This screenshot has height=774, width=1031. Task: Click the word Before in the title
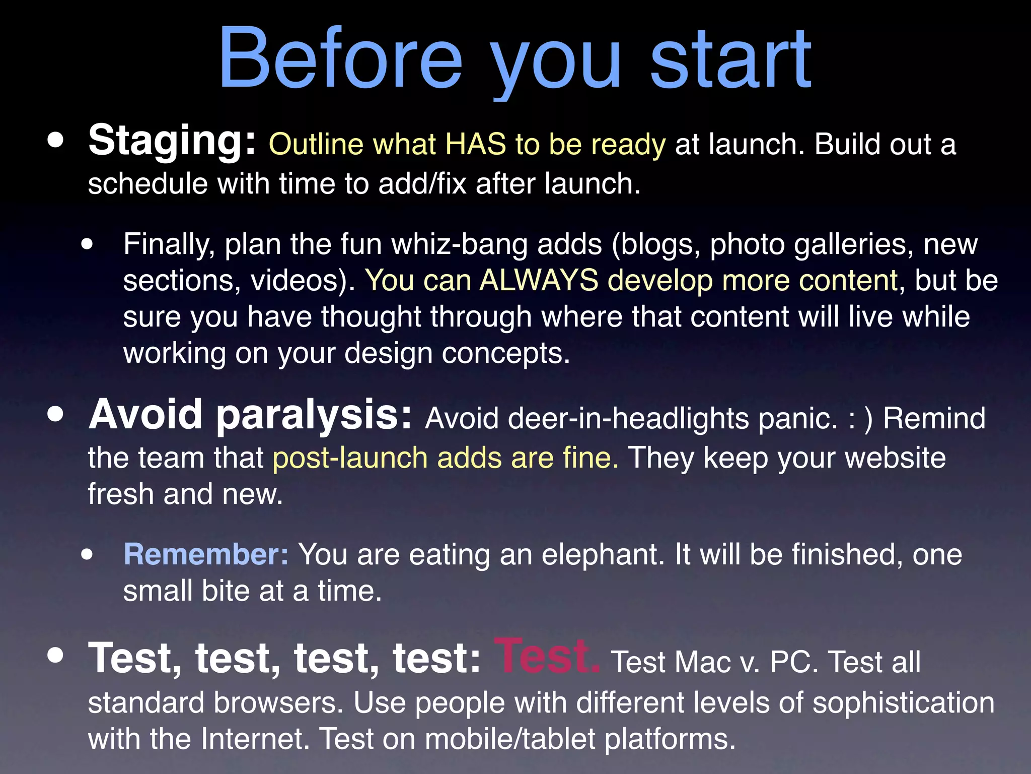[x=340, y=59]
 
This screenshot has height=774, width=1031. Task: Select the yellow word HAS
[x=475, y=145]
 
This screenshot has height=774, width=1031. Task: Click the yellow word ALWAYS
[x=539, y=280]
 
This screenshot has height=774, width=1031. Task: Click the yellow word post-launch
[x=350, y=458]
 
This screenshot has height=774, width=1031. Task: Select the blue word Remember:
[x=206, y=554]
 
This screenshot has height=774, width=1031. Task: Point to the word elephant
[x=603, y=554]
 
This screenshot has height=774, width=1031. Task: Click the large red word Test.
[x=547, y=656]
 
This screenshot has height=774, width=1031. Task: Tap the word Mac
[x=702, y=662]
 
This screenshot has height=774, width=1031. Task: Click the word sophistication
[x=903, y=702]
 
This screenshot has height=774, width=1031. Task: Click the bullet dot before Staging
[x=56, y=141]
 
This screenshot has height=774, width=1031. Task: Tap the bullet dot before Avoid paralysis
[x=56, y=414]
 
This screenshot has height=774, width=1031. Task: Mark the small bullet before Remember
[x=87, y=554]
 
